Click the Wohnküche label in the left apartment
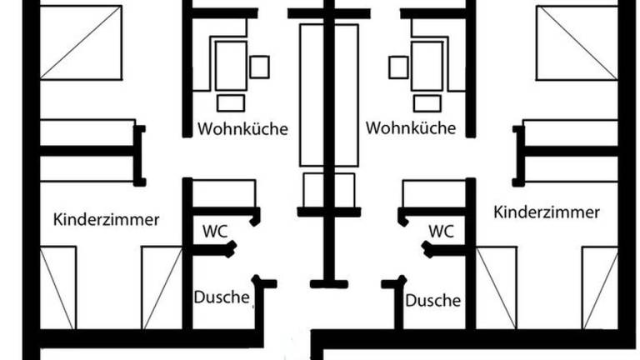(242, 128)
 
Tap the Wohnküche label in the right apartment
(411, 127)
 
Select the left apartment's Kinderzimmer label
(106, 220)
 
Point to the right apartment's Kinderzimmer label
(547, 212)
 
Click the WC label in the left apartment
(215, 232)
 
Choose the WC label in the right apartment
(441, 232)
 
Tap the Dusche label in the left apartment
(222, 297)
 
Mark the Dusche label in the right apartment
(433, 300)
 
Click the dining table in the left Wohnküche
(231, 66)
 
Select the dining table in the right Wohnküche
(427, 66)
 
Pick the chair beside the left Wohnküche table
(259, 67)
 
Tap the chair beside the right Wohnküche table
(398, 67)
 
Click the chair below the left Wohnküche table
(231, 103)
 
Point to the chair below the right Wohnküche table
(427, 103)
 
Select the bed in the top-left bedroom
(81, 42)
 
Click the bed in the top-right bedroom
(577, 42)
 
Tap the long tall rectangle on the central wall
(329, 95)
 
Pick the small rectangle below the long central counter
(329, 190)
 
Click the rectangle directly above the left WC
(224, 193)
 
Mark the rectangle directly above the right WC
(434, 193)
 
